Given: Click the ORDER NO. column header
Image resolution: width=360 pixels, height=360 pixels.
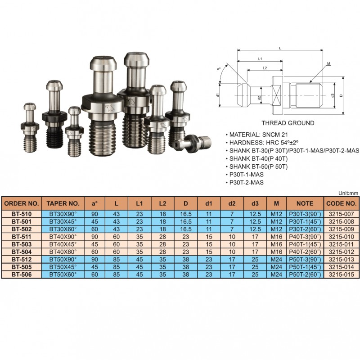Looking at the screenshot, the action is coord(21,203).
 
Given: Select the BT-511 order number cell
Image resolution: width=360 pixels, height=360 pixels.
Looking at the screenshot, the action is coord(21,237).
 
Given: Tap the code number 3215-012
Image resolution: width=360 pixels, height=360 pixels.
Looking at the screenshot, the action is coord(342,252).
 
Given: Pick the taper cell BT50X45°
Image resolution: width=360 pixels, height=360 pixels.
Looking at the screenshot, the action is coord(63,267).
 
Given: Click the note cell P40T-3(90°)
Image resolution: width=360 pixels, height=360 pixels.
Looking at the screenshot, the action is coord(305,237).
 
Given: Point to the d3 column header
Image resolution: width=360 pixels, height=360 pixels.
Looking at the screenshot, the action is coord(255,203).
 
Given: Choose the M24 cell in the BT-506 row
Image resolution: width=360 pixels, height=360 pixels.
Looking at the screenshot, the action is coord(276,274).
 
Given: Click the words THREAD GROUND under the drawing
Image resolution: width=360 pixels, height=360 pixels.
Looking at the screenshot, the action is coord(288,123).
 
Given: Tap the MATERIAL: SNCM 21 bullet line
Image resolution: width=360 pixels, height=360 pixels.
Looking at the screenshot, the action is coord(256,135).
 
